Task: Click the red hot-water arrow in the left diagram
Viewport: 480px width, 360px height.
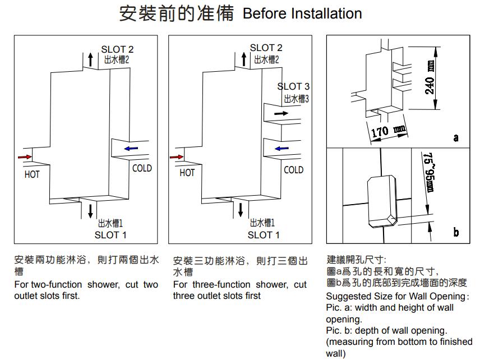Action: click(x=24, y=156)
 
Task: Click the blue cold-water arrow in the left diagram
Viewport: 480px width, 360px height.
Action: click(x=131, y=149)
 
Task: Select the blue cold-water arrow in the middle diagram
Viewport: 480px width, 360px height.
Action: click(x=281, y=149)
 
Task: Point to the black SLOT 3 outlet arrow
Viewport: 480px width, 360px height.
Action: click(x=281, y=113)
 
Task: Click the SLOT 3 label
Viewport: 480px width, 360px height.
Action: click(x=293, y=86)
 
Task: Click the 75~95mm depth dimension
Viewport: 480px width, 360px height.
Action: click(x=429, y=172)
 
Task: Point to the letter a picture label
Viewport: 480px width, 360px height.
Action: click(x=455, y=137)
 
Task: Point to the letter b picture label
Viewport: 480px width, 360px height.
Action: click(x=455, y=232)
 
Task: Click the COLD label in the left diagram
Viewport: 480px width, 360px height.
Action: click(x=142, y=168)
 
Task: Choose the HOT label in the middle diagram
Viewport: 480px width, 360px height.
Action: click(x=187, y=173)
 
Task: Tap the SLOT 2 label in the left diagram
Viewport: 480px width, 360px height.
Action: click(x=117, y=49)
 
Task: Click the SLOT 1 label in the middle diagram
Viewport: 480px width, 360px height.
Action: click(x=263, y=235)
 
